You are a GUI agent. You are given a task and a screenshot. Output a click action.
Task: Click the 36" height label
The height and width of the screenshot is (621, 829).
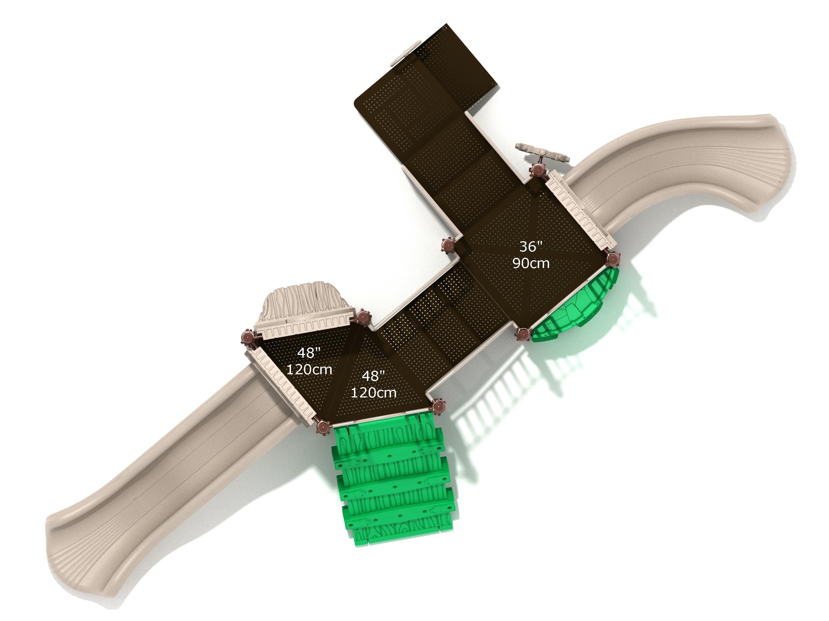point(531,247)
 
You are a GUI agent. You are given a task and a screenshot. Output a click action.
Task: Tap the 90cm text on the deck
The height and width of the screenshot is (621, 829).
point(531,263)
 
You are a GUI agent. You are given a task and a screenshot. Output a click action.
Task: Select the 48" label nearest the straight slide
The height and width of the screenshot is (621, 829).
point(309,353)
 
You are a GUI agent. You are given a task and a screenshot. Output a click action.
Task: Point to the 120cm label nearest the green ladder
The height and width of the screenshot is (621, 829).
point(373,393)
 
